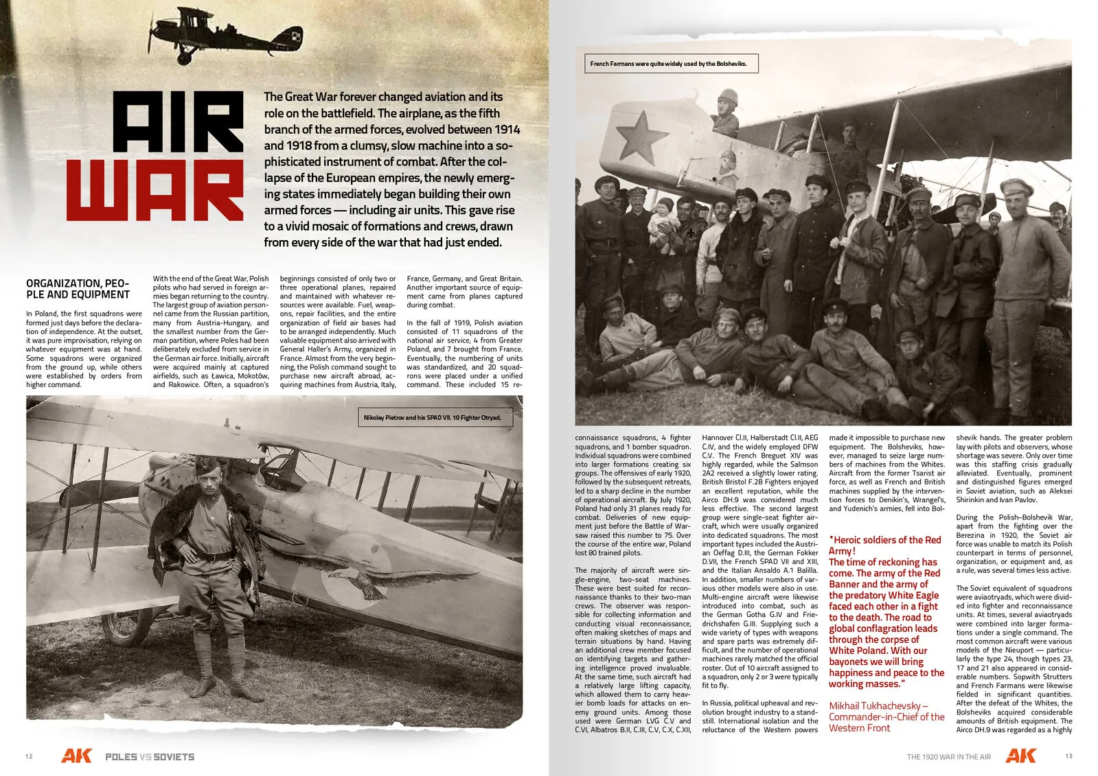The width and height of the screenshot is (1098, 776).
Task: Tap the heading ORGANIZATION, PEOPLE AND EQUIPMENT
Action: point(78,289)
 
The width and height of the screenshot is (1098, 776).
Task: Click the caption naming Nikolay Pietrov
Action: point(432,417)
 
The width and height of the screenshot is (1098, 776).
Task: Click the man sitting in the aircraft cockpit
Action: point(725,113)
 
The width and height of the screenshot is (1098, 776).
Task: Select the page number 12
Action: point(28,757)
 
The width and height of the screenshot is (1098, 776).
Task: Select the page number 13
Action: point(1068,756)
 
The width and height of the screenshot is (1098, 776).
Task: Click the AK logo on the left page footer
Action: point(76,756)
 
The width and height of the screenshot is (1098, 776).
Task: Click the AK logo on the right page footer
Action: point(1020,756)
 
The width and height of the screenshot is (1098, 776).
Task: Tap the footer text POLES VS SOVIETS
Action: point(150,757)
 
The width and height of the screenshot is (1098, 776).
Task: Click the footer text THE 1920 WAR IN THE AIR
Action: point(949,757)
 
